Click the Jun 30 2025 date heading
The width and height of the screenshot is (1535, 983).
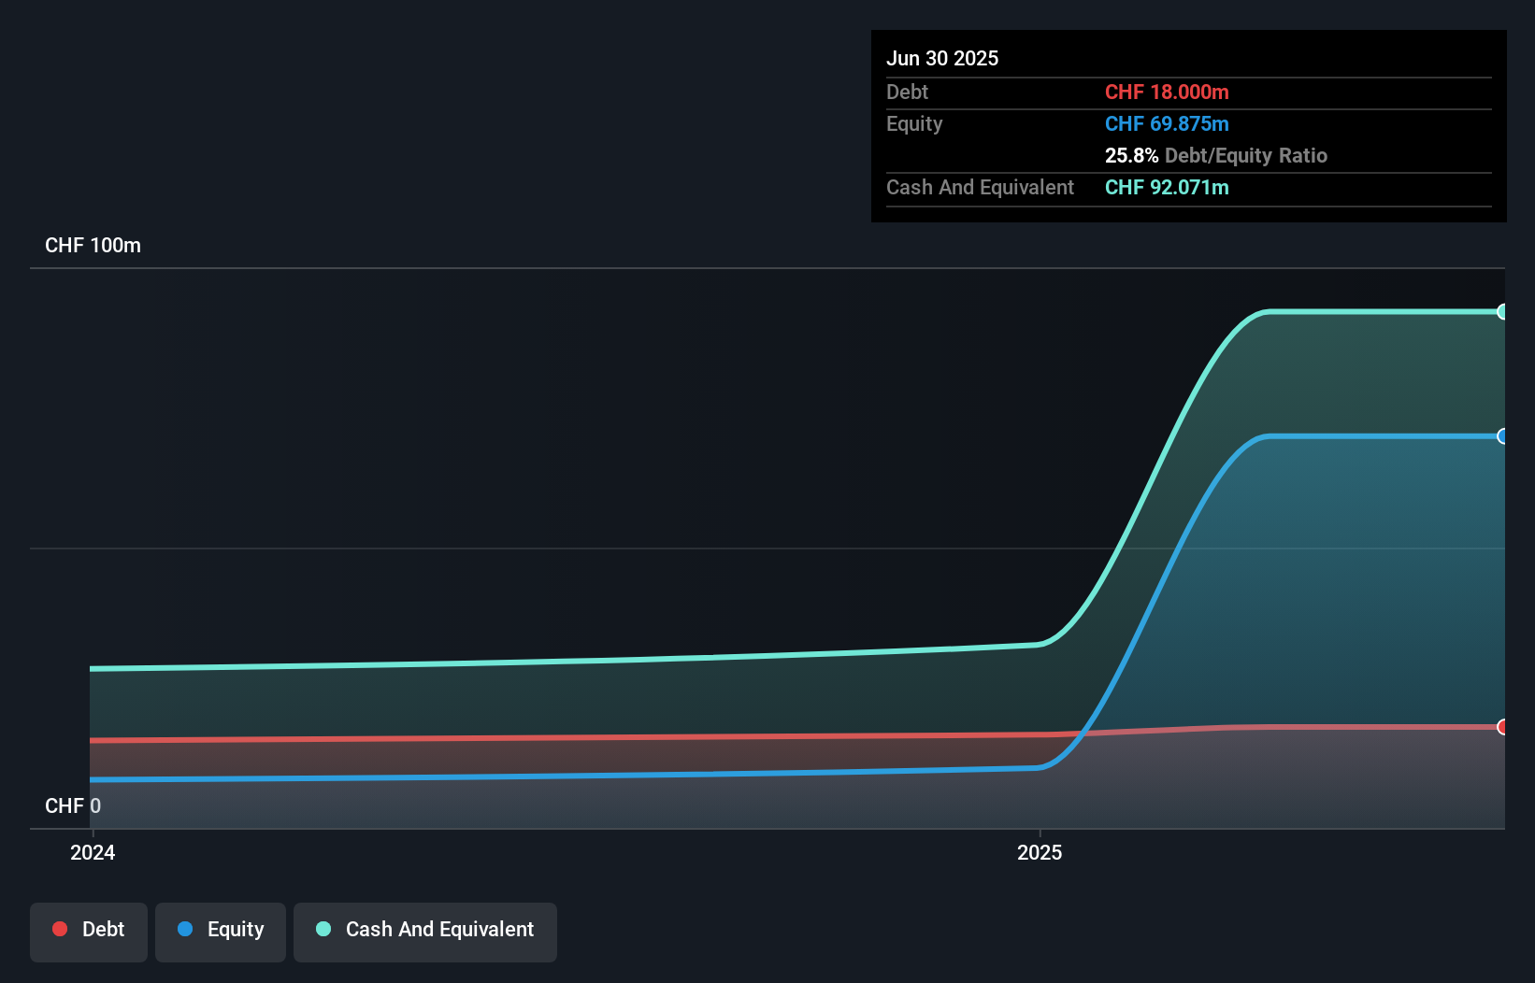[x=941, y=58]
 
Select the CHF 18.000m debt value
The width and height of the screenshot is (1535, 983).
[x=1166, y=92]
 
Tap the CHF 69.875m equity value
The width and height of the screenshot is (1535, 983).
[x=1166, y=123]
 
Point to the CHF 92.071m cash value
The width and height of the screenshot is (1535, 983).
[x=1166, y=187]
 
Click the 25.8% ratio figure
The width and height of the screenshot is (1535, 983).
[x=1131, y=155]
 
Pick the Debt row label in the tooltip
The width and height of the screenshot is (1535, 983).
[x=907, y=92]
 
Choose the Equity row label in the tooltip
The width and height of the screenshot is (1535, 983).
[x=914, y=123]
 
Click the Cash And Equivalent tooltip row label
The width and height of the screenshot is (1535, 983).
[x=980, y=187]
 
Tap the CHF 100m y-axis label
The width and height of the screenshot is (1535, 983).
[x=93, y=245]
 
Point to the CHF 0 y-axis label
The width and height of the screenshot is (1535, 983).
[x=73, y=805]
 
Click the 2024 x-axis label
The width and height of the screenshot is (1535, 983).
[x=93, y=852]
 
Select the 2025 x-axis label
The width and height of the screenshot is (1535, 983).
[x=1040, y=852]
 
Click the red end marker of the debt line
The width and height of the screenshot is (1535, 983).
[x=1502, y=727]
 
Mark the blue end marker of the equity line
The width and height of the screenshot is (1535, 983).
[x=1502, y=436]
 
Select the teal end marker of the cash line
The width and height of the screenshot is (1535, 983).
[x=1502, y=312]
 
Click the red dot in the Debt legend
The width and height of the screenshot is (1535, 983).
[x=60, y=929]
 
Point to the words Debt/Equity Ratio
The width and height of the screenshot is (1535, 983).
[x=1245, y=155]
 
